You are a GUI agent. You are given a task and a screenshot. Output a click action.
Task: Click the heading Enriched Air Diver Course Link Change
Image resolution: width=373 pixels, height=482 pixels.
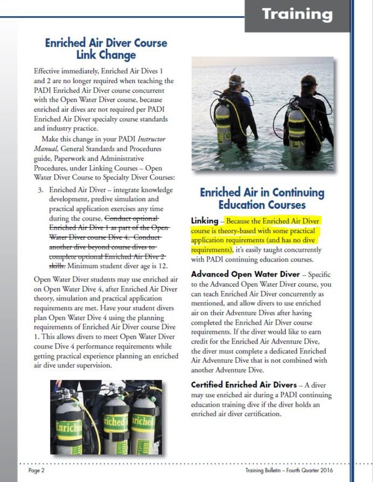[106, 49]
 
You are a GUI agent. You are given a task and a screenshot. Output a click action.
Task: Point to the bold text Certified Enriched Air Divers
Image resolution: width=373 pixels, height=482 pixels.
[245, 384]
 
